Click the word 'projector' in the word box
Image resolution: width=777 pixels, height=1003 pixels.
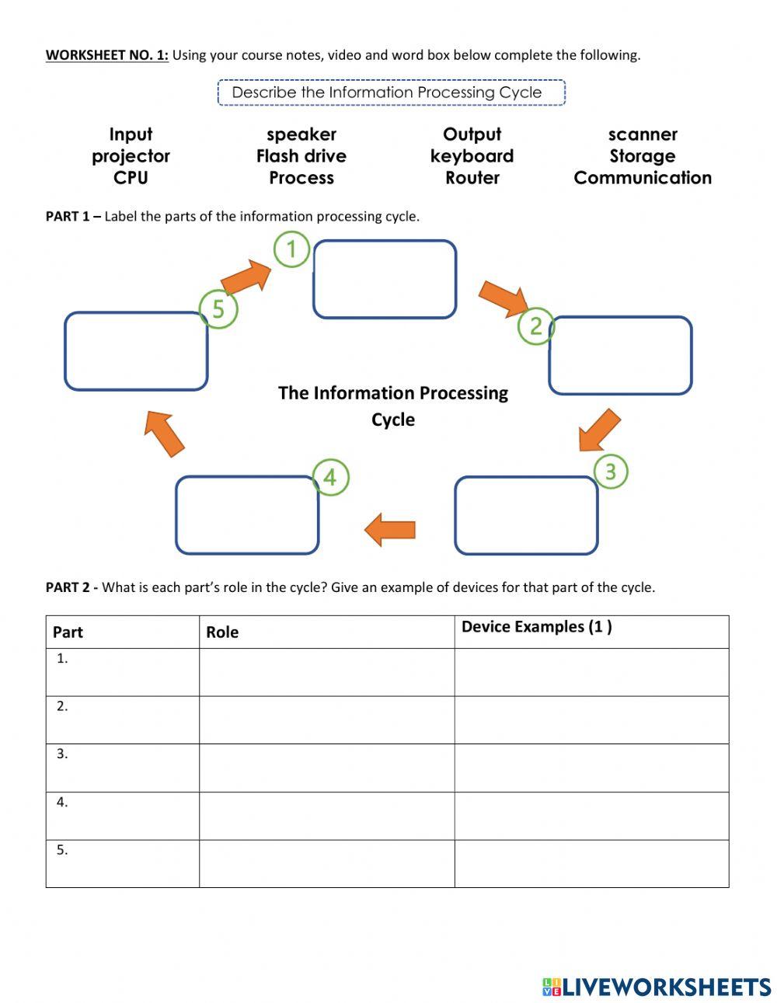coord(131,156)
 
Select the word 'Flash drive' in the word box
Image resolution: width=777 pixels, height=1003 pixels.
coord(301,156)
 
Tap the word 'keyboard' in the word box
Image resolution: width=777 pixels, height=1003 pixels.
coord(472,156)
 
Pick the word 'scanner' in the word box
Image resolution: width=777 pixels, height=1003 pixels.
coord(643,134)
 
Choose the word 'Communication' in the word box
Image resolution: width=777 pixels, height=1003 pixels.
coord(643,178)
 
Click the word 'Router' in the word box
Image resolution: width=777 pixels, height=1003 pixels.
coord(472,178)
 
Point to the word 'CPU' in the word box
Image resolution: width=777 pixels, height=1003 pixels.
coord(131,178)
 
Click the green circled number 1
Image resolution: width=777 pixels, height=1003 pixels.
coord(291,249)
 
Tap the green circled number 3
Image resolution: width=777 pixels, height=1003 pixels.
coord(610,472)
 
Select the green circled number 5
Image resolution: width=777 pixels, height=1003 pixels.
coord(218,309)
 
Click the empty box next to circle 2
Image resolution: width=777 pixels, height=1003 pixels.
coord(620,355)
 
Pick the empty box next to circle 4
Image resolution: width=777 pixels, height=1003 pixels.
coord(247,515)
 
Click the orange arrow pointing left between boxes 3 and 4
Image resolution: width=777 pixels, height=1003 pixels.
coord(390,530)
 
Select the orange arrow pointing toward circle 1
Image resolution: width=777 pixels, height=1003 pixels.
coord(246,277)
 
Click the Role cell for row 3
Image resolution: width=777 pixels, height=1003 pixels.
coord(326,768)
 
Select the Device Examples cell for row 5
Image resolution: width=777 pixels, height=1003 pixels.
coord(591,863)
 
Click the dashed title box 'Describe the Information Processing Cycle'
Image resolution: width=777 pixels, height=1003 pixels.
coord(391,92)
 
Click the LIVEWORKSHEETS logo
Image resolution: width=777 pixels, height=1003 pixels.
coord(657,987)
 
